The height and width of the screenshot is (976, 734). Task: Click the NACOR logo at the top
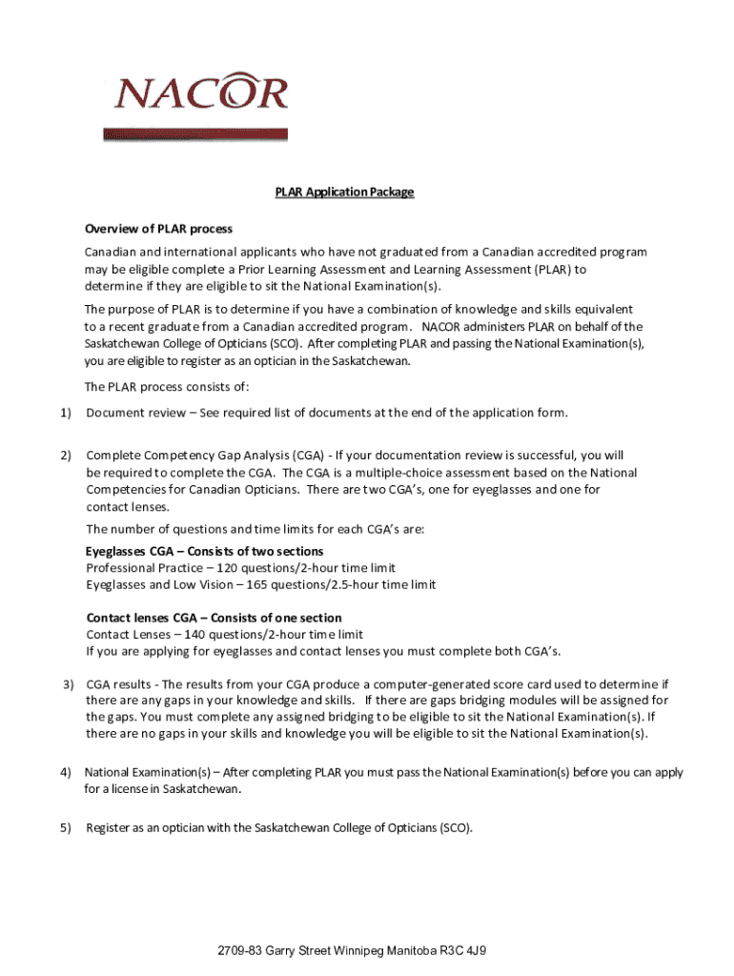pos(200,93)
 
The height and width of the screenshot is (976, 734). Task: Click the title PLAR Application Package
pos(344,193)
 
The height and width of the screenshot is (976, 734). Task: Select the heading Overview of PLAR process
pos(158,230)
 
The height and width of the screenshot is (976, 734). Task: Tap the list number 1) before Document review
pos(65,413)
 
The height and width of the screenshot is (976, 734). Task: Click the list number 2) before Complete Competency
pos(65,456)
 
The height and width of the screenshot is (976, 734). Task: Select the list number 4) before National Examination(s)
pos(65,772)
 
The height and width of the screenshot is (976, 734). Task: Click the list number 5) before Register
pos(65,828)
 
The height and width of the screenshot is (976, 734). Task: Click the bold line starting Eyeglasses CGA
pos(205,552)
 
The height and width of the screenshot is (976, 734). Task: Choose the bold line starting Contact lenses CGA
pos(214,618)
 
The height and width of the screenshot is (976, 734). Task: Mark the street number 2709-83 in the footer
pos(239,951)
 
